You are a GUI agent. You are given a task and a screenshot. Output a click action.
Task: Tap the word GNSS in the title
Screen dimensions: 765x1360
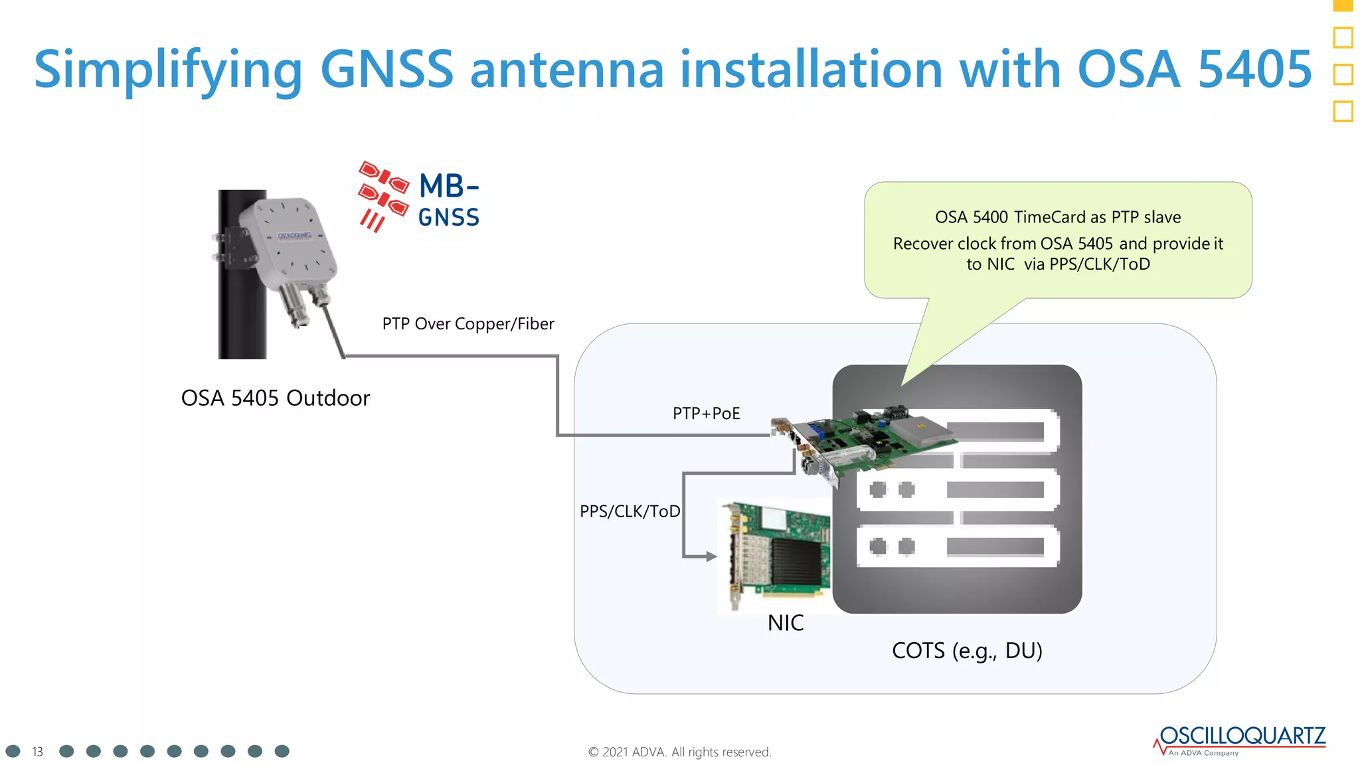(386, 69)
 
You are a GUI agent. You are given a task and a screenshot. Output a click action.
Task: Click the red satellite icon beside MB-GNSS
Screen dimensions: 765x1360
(382, 195)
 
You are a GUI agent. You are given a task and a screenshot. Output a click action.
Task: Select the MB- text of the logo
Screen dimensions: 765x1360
(449, 187)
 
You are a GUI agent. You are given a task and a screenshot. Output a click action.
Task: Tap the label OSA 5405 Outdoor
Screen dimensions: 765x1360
(275, 398)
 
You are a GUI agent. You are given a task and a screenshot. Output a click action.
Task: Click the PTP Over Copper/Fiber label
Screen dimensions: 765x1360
(467, 324)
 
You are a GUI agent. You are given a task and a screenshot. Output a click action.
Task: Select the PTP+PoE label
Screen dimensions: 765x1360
(706, 414)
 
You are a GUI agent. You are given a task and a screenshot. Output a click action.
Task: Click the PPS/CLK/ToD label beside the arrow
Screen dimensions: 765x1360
(630, 511)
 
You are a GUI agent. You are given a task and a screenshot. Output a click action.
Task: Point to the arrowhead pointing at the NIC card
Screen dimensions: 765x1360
(711, 556)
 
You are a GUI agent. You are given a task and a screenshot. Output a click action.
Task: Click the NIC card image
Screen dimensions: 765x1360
(777, 554)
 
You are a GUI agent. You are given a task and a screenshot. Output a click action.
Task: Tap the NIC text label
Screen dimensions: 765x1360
(785, 623)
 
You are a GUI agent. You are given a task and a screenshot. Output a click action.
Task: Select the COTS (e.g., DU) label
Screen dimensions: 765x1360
(967, 651)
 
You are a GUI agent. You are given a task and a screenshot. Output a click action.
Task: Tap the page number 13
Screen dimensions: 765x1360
(37, 752)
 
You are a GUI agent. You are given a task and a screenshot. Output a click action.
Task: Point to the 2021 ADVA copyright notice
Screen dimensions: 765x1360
(679, 752)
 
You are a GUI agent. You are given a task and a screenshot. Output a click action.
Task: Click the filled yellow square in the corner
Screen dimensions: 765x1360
(1343, 5)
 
